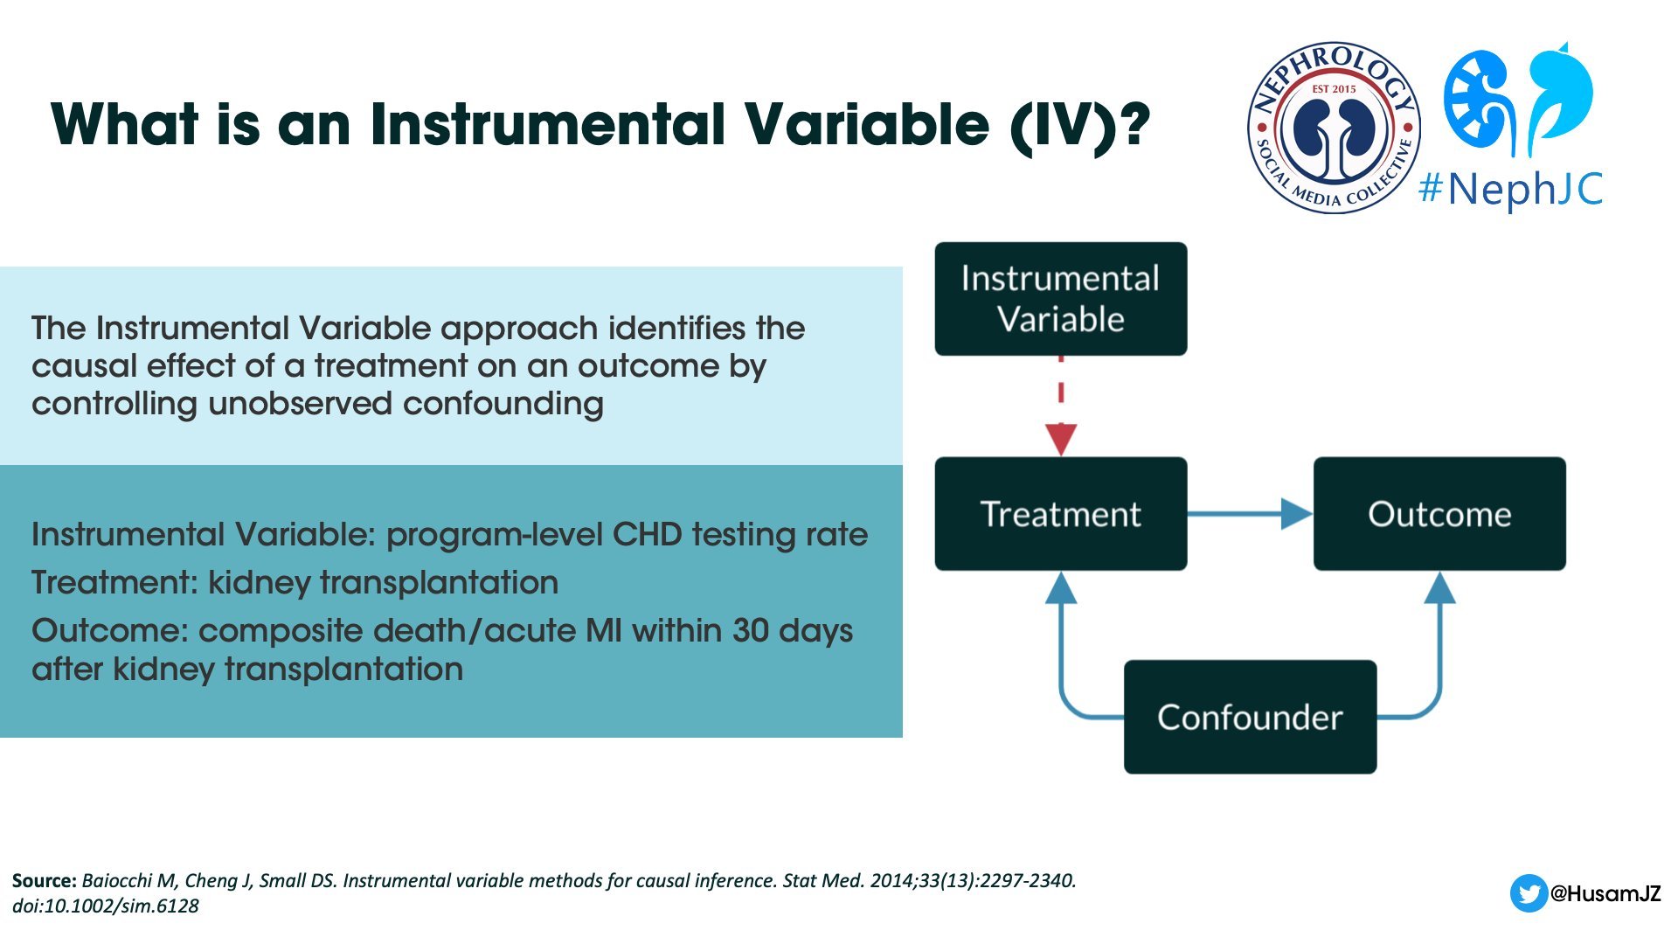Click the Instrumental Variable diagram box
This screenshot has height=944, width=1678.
click(x=1061, y=299)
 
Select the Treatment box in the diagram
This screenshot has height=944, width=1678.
click(x=1061, y=514)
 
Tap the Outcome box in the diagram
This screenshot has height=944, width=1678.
click(x=1439, y=514)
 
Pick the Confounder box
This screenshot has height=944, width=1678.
click(x=1250, y=717)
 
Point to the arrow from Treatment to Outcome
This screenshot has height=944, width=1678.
click(x=1251, y=514)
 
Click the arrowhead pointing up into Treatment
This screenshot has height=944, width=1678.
click(x=1061, y=587)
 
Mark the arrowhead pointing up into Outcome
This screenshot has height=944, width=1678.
click(x=1439, y=587)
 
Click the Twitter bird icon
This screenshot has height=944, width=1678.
click(x=1529, y=893)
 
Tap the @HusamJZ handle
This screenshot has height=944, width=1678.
click(x=1605, y=893)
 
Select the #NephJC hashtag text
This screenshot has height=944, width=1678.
click(x=1511, y=189)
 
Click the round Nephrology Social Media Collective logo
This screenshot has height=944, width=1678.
click(x=1334, y=128)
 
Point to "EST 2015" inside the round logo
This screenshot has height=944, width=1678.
click(x=1334, y=89)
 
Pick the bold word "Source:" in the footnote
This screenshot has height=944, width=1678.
click(x=45, y=881)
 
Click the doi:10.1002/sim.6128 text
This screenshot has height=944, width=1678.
click(x=106, y=906)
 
